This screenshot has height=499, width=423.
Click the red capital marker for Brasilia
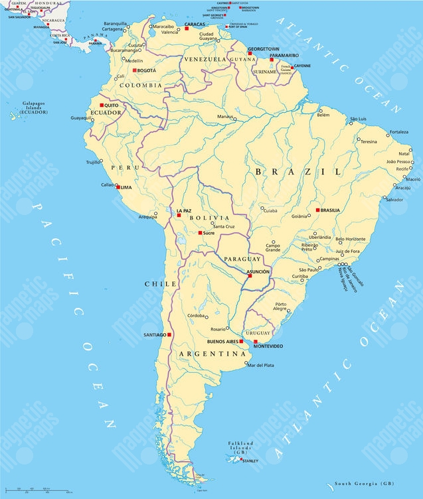317,210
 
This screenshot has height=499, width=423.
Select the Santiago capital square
169,335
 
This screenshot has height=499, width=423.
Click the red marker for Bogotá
135,70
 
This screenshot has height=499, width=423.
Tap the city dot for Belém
320,111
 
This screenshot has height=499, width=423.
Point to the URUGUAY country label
258,332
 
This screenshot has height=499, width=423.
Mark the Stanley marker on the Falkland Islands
240,460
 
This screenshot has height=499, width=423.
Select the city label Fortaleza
398,132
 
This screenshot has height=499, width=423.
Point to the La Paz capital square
179,215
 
